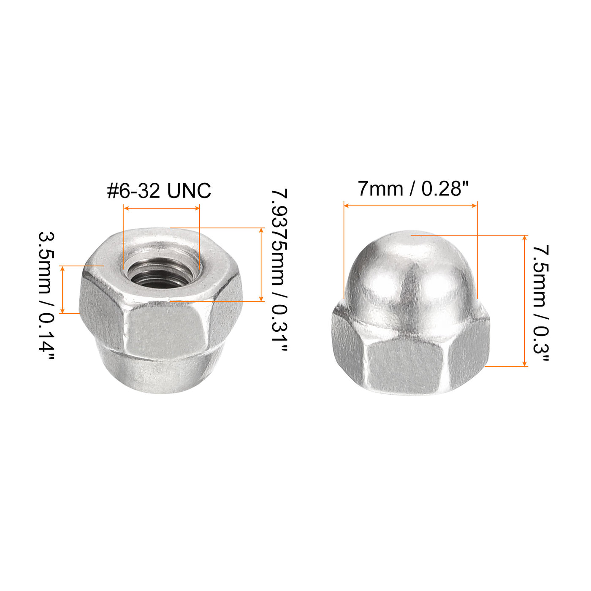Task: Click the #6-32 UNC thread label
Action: pos(159,190)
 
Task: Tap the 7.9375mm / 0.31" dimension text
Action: pos(280,270)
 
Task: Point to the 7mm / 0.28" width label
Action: pos(413,189)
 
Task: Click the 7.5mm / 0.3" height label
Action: pos(540,303)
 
